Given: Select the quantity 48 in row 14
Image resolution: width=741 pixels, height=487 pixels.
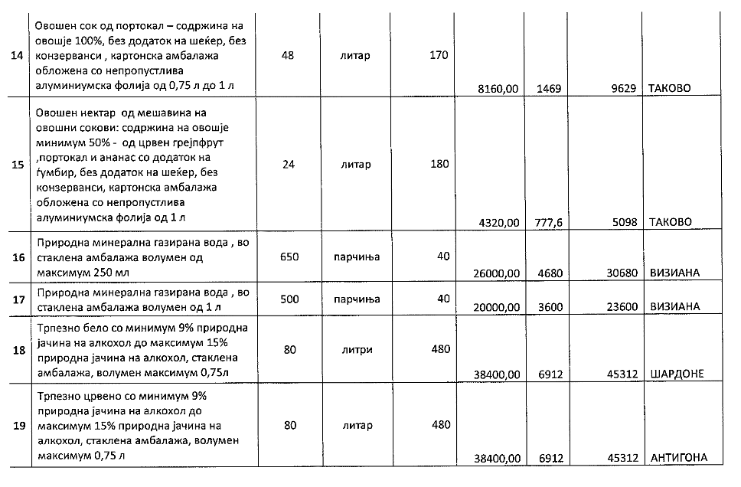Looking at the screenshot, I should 288,56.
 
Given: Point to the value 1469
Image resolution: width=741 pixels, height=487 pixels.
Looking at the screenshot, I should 550,89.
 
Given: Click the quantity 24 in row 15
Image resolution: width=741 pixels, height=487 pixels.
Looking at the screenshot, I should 288,164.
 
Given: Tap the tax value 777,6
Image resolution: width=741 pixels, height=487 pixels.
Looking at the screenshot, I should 551,223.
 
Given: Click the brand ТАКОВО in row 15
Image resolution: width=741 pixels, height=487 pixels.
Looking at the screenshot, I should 670,223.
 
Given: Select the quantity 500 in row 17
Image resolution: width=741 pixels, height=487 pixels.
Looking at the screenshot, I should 289,299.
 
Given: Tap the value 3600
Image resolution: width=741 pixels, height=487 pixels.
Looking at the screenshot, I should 550,306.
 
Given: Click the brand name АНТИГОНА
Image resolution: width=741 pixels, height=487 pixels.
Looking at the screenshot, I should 678,458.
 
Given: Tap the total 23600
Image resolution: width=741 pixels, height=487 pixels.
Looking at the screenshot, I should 622,306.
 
